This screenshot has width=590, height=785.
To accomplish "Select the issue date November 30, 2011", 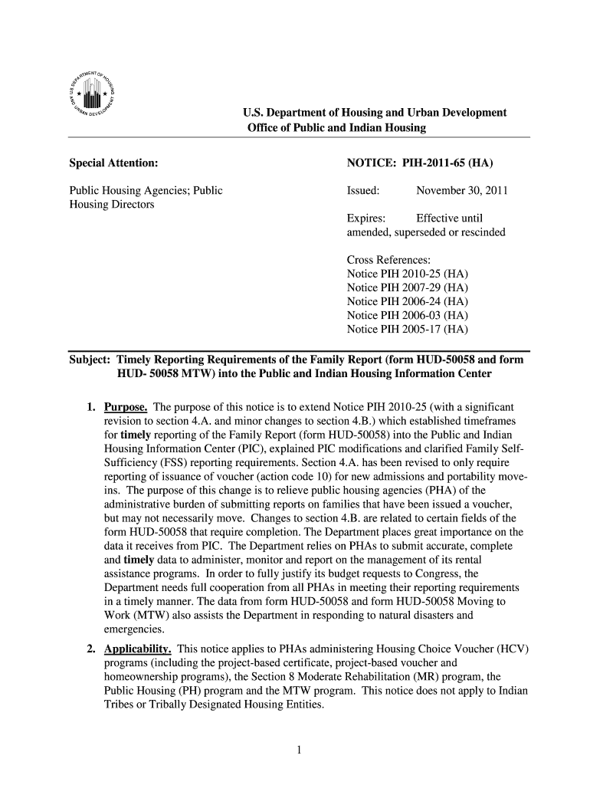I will tap(461, 191).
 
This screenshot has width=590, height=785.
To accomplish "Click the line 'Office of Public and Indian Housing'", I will tap(336, 127).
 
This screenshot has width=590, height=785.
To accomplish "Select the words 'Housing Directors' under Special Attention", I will tap(112, 205).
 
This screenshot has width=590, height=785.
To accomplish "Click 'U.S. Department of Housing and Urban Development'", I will tap(375, 113).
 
